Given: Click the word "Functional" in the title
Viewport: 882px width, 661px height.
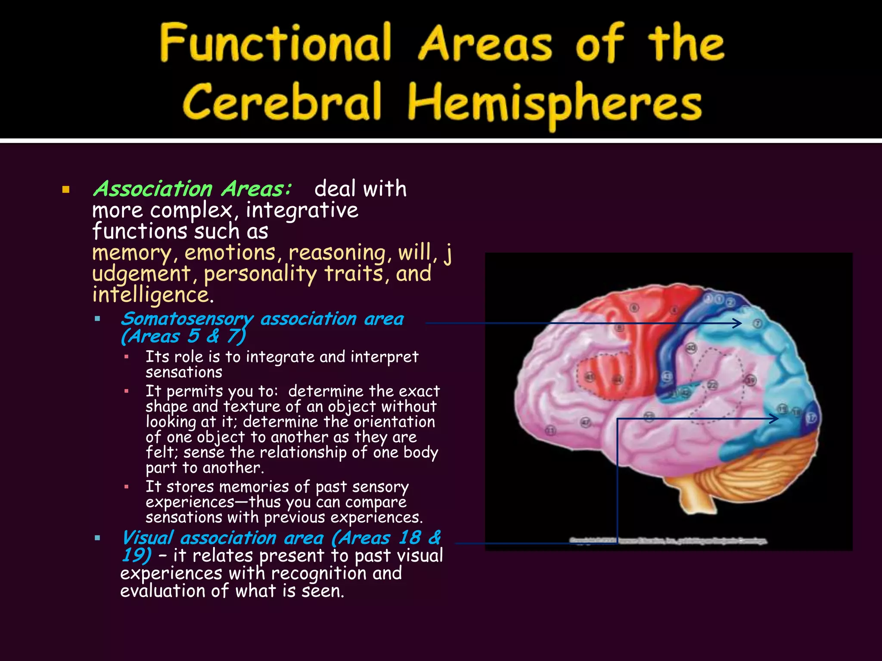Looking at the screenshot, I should coord(276,43).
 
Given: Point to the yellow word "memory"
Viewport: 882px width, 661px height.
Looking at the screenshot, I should coord(132,253).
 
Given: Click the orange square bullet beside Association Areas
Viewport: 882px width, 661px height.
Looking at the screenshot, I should coord(66,190).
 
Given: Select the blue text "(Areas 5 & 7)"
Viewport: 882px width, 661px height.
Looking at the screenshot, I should coord(183,336).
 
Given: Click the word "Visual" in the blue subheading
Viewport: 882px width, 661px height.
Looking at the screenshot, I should coord(147,538).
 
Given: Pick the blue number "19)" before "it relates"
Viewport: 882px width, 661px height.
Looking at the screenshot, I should coord(136,555).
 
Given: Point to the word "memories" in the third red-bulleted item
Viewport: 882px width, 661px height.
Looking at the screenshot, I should coord(254,487).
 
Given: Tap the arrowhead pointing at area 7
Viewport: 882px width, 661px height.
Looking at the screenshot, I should coord(738,323).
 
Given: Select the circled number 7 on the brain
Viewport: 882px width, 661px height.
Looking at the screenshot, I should coord(758,323).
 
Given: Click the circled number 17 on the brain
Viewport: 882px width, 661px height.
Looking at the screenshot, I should coord(811,417).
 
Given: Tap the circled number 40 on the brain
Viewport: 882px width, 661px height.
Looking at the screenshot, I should coord(691,348).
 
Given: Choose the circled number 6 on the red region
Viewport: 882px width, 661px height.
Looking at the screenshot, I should coord(634,308).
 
